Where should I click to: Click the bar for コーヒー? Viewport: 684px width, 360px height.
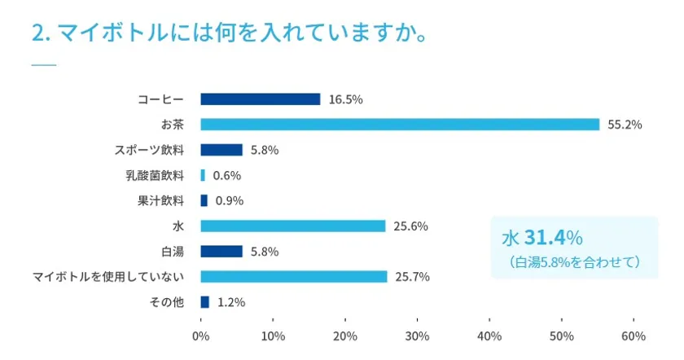coord(260,99)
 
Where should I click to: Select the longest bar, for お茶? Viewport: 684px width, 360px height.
coord(399,125)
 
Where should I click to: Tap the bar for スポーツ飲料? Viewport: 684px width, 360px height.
coord(221,150)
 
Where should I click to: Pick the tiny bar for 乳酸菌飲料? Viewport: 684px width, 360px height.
coord(203,175)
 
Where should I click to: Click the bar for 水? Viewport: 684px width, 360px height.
coord(292,226)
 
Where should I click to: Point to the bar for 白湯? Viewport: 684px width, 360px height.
coord(221,251)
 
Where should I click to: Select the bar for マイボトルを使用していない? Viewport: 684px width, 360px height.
coord(293,276)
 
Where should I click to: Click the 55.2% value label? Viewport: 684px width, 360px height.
coord(625,125)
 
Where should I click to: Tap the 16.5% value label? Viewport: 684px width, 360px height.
coord(345,99)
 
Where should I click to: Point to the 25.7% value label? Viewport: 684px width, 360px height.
coord(413,277)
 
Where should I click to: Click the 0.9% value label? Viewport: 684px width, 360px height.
coord(230,200)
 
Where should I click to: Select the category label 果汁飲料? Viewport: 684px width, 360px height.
coord(161,200)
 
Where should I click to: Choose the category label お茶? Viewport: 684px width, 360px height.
coord(173,125)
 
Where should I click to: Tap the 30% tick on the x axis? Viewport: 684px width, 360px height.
coord(417,336)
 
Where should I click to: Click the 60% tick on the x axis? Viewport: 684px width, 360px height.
coord(634,336)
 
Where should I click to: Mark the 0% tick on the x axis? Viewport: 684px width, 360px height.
coord(200,336)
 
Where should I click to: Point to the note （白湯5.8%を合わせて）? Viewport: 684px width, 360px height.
coord(573,262)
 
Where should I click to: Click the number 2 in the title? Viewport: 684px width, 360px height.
coord(37,35)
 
